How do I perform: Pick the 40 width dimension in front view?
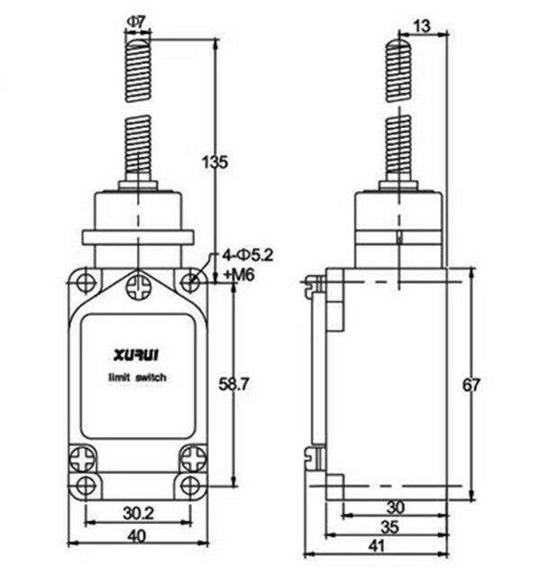(x=137, y=536)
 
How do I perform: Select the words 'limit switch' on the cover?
(x=136, y=380)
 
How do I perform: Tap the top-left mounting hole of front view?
(x=85, y=280)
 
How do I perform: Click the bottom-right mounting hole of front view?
(x=190, y=487)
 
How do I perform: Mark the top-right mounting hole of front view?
(x=190, y=280)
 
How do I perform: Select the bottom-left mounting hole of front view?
(x=85, y=487)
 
